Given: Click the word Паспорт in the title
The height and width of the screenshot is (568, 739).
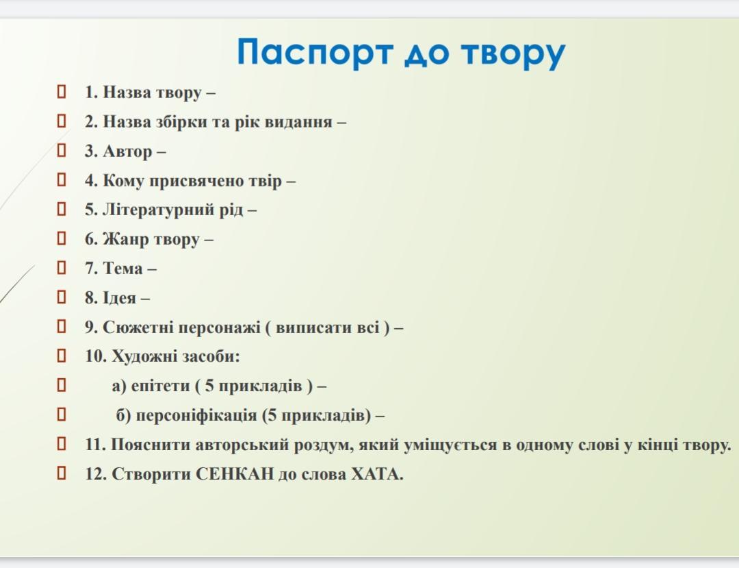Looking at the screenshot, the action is pyautogui.click(x=315, y=52).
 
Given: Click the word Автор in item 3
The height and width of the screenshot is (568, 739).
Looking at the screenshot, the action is pyautogui.click(x=127, y=152).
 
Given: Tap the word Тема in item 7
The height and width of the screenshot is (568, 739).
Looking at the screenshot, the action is pyautogui.click(x=122, y=269).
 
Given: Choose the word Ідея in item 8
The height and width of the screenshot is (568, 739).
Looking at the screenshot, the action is pyautogui.click(x=120, y=298).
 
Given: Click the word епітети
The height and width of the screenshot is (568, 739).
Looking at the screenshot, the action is pyautogui.click(x=160, y=386).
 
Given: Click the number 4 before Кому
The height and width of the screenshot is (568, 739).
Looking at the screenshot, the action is pyautogui.click(x=89, y=181).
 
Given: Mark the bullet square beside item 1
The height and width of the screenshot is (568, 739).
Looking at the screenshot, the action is pyautogui.click(x=62, y=92).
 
